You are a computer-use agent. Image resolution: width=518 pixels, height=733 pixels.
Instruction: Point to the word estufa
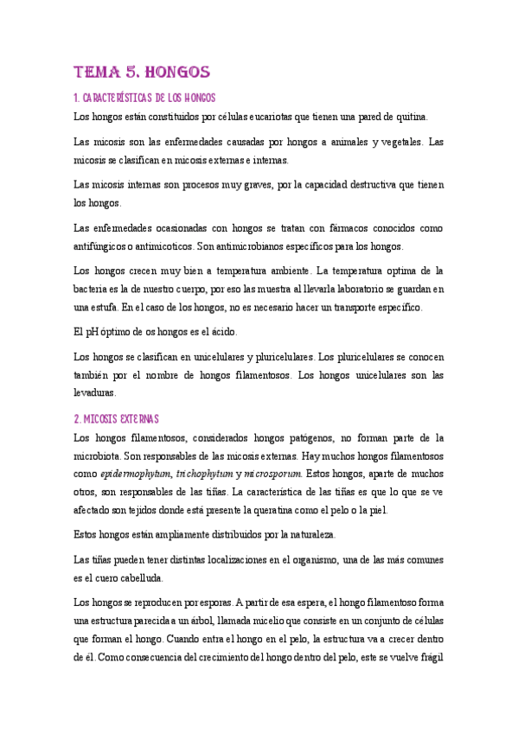[x=99, y=307]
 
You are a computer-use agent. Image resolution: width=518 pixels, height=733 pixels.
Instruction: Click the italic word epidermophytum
[x=136, y=474]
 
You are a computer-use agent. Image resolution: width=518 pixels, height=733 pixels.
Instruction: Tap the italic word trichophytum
[x=204, y=474]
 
